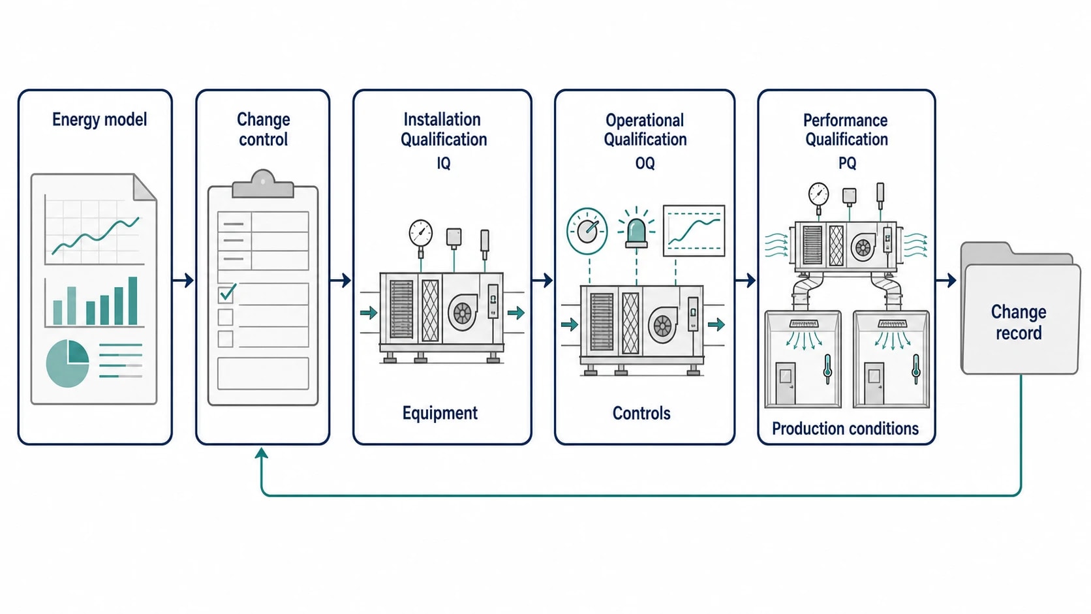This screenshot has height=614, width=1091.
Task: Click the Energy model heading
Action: tap(99, 120)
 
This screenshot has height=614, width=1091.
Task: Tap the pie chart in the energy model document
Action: tap(67, 363)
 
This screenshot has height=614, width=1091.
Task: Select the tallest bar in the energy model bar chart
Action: tap(132, 300)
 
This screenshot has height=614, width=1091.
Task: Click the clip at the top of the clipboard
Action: tap(263, 183)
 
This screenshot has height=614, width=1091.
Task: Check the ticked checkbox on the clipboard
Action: tap(226, 294)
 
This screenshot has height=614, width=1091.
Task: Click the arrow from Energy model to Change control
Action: tap(183, 281)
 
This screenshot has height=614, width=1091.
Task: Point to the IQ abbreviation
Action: tap(443, 163)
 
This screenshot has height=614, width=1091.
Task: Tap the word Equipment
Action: tap(440, 413)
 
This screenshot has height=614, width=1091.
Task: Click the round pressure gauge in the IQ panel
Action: tap(420, 233)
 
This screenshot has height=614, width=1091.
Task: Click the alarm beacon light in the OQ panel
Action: tap(636, 234)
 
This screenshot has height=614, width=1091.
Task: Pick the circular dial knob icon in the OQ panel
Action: tap(587, 231)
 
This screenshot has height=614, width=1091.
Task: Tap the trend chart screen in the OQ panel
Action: tap(694, 231)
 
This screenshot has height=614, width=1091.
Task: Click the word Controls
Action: tap(641, 414)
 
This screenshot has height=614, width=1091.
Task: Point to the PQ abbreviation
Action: tap(847, 163)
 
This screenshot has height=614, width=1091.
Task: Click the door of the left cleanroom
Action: tap(785, 383)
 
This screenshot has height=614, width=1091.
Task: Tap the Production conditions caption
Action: tap(845, 429)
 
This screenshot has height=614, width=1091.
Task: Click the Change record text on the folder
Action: tap(1019, 322)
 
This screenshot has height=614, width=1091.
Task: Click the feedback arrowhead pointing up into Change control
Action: tap(262, 453)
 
